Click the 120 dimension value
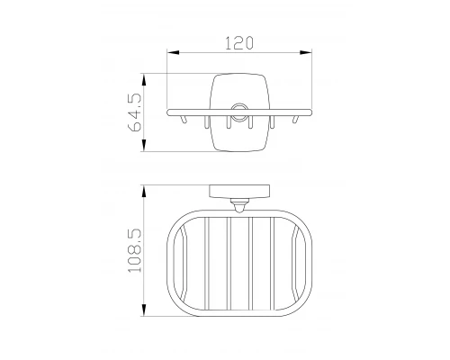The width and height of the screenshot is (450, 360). pos(239,43)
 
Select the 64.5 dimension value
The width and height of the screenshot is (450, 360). pos(135,112)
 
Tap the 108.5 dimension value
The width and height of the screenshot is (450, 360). pos(135,250)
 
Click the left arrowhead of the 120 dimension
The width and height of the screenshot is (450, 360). pos(173,52)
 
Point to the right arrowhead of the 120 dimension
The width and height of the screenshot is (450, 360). pos(306,52)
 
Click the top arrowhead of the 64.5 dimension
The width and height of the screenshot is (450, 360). pos(144,80)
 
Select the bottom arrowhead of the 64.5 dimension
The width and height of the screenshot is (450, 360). pos(144,145)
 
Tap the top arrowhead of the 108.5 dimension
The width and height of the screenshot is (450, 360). pos(144,191)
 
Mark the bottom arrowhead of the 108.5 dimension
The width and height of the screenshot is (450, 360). pos(144,310)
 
